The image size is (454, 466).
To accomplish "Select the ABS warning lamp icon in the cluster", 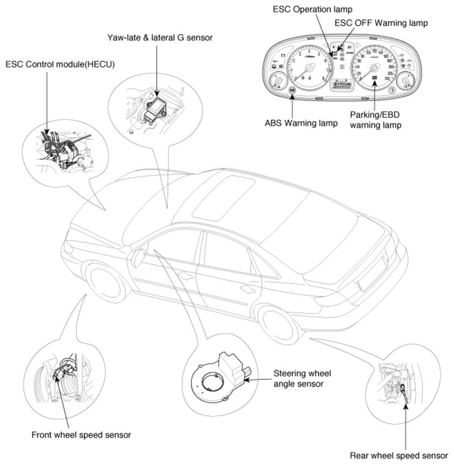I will (x=292, y=91).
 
